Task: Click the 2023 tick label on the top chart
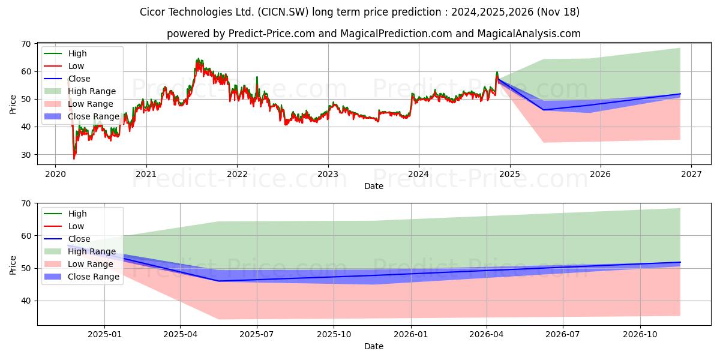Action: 328,174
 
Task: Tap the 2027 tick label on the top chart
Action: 691,174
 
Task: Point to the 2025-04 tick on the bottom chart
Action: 180,335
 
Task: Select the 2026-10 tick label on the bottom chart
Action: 640,335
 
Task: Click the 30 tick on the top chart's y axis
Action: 26,155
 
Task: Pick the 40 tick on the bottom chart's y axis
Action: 26,301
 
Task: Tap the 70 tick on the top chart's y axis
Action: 26,44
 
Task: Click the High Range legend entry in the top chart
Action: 80,91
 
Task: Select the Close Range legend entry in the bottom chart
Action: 82,277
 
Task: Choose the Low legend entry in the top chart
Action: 64,66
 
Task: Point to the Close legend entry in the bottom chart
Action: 67,239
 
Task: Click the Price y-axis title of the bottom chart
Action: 13,265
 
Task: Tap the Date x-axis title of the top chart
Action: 373,186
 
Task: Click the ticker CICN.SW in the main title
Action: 283,12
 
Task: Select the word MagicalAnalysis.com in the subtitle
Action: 529,34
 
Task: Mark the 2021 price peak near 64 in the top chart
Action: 198,59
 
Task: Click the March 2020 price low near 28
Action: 74,159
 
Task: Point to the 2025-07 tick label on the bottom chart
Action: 257,335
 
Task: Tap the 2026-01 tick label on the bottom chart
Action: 411,335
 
